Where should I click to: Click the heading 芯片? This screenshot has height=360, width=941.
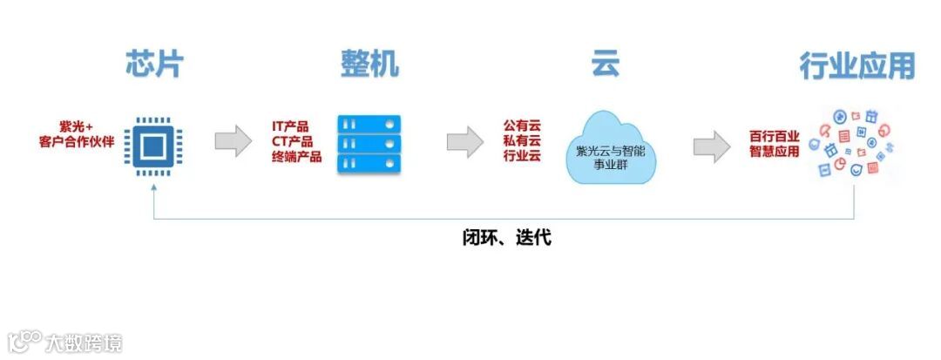pyautogui.click(x=155, y=65)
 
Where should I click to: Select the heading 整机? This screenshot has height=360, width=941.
pyautogui.click(x=369, y=65)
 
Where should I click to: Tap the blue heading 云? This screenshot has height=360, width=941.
pyautogui.click(x=606, y=65)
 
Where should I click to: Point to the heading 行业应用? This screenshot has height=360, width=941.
pyautogui.click(x=857, y=66)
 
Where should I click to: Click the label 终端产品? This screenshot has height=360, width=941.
pyautogui.click(x=296, y=157)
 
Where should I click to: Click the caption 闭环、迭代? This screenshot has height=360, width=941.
pyautogui.click(x=506, y=237)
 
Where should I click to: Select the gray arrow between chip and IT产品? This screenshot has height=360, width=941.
pyautogui.click(x=233, y=141)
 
